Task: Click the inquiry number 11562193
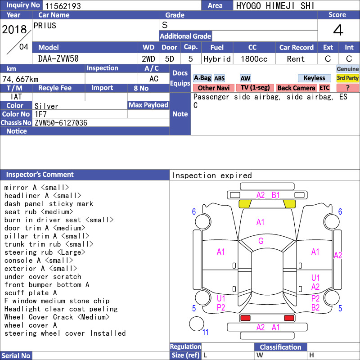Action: (63, 6)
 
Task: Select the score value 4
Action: (338, 30)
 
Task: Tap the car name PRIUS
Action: (45, 26)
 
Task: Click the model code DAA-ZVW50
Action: (58, 59)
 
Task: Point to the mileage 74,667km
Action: (20, 79)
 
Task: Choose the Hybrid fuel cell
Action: (217, 59)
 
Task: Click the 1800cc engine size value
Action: (254, 59)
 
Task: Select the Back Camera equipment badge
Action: (296, 88)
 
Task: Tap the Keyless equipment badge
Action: (314, 78)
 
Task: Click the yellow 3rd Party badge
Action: (347, 78)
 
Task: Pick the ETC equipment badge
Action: (324, 88)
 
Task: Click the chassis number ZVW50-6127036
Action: (61, 123)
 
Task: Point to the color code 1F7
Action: (40, 114)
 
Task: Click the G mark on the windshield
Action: (261, 241)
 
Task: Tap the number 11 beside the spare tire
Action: (205, 332)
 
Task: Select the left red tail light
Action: (245, 318)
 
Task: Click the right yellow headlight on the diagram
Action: (289, 204)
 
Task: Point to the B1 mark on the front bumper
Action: (275, 195)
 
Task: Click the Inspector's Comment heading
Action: (40, 175)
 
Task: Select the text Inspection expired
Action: (211, 175)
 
